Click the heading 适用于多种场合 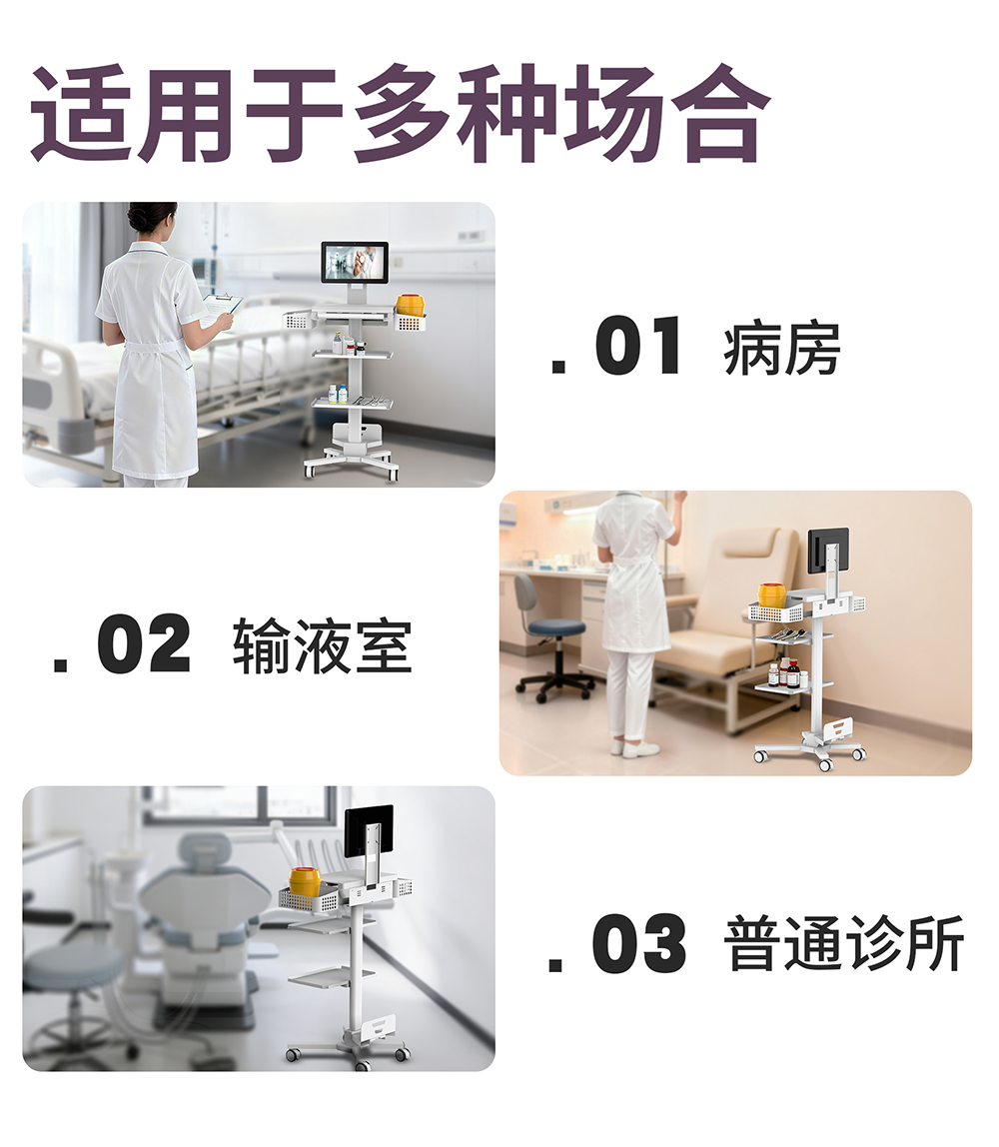(x=400, y=113)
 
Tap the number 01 (x=639, y=347)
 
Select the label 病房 (x=782, y=349)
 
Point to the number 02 (x=144, y=644)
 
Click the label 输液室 (x=323, y=645)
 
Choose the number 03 (x=639, y=943)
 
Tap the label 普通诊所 (x=844, y=943)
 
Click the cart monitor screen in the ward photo (x=355, y=262)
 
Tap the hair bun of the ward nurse (x=138, y=217)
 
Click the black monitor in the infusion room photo (x=828, y=552)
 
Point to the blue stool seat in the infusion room (x=555, y=627)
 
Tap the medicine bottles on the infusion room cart (x=788, y=673)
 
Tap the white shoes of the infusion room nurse (x=634, y=748)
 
